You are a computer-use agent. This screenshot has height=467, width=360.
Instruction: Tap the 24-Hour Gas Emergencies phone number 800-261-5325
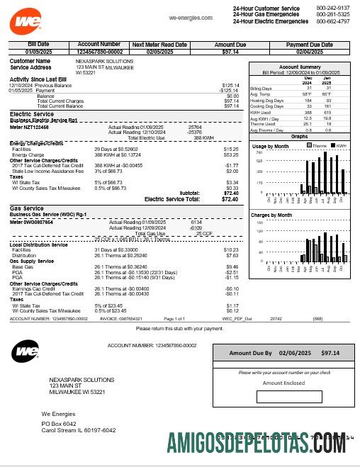333,14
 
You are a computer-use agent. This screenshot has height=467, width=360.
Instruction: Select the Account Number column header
99,44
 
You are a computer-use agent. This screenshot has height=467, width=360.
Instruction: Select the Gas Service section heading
26,208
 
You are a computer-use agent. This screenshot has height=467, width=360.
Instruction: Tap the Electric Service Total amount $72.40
230,200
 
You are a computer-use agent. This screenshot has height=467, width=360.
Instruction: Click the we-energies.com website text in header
186,16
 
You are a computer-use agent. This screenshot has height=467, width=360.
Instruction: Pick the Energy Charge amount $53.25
231,154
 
